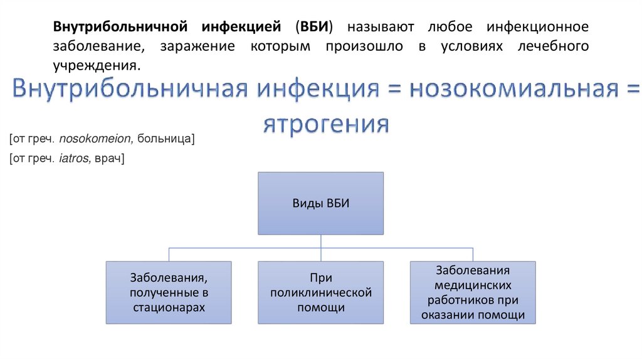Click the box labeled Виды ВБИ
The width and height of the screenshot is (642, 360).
[x=321, y=203]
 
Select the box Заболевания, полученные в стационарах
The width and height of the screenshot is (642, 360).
[x=168, y=292]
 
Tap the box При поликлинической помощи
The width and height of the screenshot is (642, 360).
[x=321, y=292]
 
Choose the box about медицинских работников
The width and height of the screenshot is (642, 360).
[x=473, y=292]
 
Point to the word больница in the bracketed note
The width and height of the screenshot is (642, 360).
[x=169, y=139]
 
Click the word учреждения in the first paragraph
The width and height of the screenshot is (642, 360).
[x=95, y=65]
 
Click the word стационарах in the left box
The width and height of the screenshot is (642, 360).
[x=168, y=308]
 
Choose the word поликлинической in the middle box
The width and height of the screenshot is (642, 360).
[x=321, y=292]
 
